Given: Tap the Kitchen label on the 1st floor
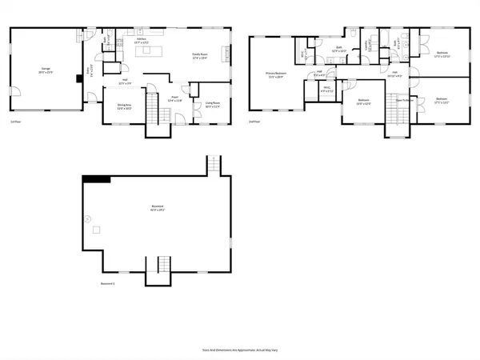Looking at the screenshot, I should [x=141, y=39].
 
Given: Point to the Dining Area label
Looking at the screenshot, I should [x=124, y=106].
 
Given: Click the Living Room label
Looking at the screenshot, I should [x=213, y=104].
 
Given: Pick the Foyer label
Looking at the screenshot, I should [x=174, y=100].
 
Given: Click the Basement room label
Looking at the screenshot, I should [x=157, y=208].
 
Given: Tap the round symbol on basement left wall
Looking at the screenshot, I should [x=87, y=218].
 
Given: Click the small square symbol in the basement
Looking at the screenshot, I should [x=95, y=230].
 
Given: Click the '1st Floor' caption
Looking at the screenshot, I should [x=15, y=122].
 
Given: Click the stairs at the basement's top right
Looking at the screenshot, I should [x=214, y=165].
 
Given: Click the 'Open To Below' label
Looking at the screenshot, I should [x=402, y=100].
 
